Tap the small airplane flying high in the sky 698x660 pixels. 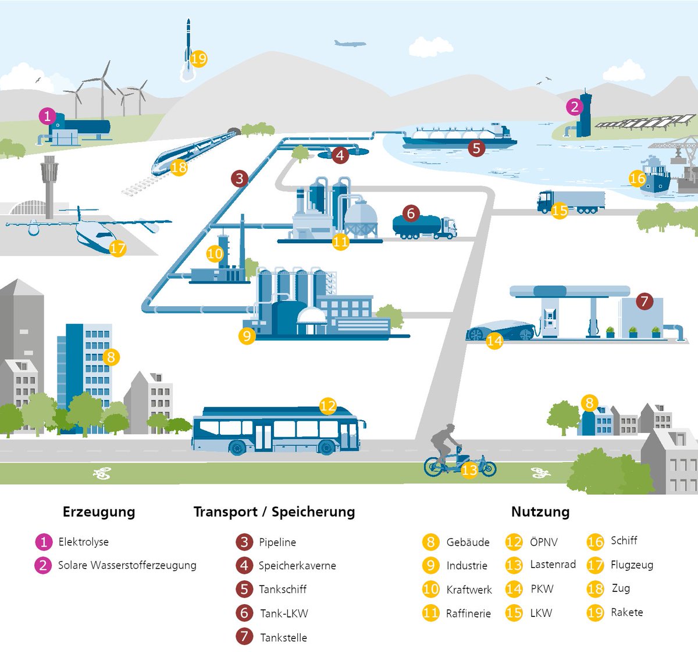pos(350,43)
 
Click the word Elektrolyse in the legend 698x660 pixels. pos(83,542)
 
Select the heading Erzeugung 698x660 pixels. pos(99,512)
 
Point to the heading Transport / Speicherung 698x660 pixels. pos(274,512)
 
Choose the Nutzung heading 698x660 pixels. pos(540,512)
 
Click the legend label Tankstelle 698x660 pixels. pos(283,637)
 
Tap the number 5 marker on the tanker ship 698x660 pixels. pos(476,148)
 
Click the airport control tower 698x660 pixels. pos(49,180)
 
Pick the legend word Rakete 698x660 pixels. pos(626,612)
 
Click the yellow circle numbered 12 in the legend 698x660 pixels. pos(514,542)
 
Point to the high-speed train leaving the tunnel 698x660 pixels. pos(192,151)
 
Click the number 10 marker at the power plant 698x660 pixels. pos(215,254)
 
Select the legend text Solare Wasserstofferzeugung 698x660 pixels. pos(127,565)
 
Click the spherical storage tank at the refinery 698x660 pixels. pos(361,218)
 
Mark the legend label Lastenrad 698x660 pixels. pos(553,565)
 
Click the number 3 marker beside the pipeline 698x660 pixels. pos(240,179)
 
